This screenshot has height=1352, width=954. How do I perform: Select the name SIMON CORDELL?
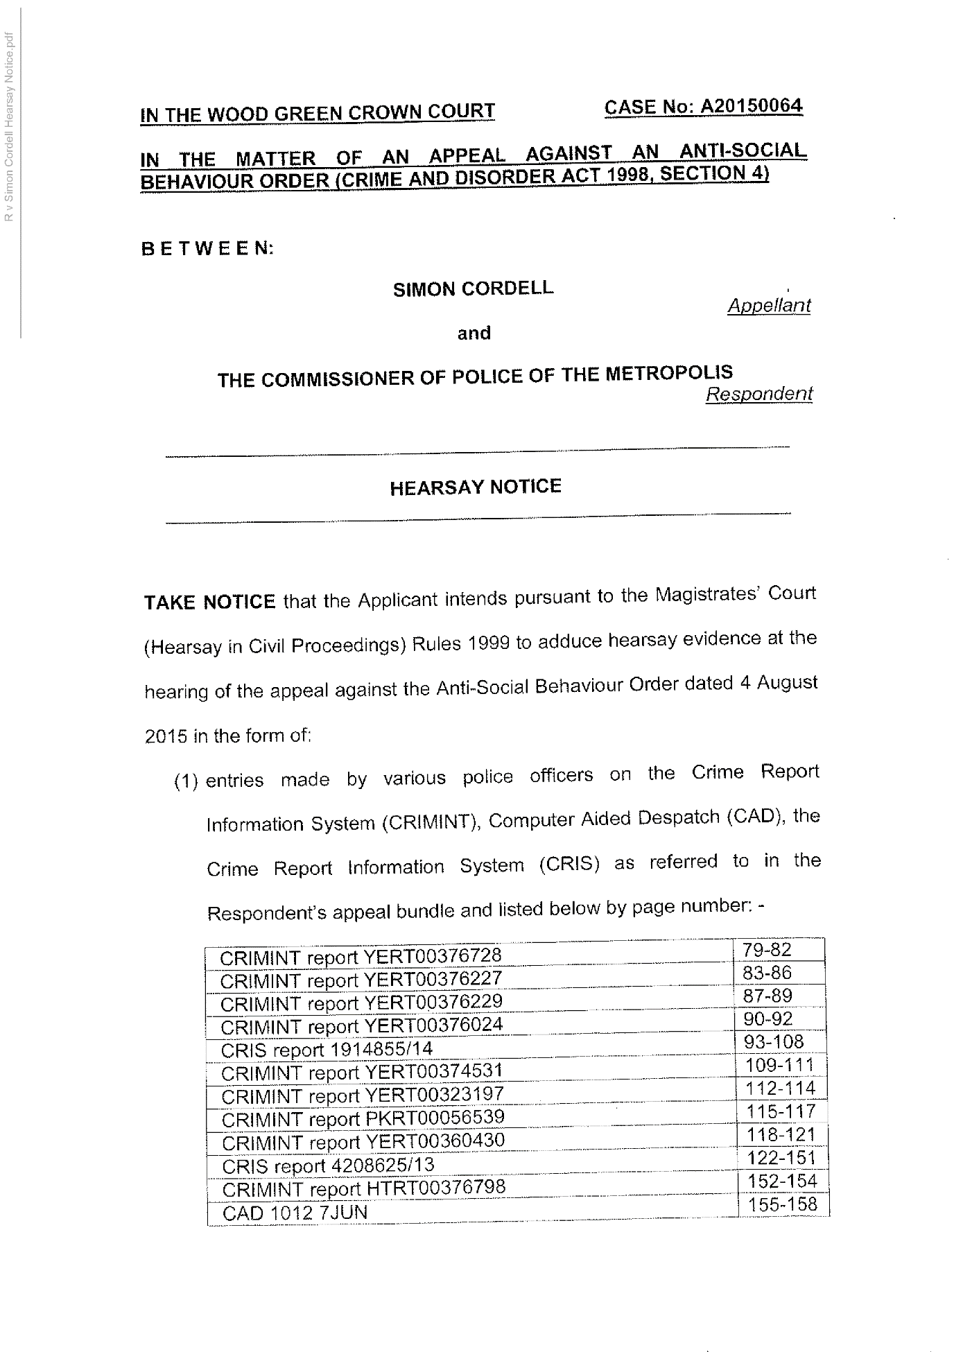(x=473, y=288)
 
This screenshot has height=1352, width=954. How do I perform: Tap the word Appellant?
(x=769, y=306)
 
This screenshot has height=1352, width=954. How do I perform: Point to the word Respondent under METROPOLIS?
(x=758, y=394)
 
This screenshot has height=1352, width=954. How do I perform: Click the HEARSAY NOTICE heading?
(x=475, y=487)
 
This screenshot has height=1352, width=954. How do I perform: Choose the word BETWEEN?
(x=207, y=248)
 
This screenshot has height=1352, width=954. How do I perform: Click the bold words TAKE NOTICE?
(x=209, y=602)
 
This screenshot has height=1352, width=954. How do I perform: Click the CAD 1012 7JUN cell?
(x=295, y=1213)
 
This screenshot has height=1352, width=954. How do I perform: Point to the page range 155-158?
(x=783, y=1204)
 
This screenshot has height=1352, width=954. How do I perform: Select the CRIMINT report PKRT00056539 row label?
(x=363, y=1119)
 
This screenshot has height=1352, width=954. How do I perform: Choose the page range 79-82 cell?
(x=766, y=950)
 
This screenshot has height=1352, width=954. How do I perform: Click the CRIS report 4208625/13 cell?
(x=328, y=1166)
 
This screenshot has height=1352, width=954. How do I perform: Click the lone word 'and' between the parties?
(x=474, y=333)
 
